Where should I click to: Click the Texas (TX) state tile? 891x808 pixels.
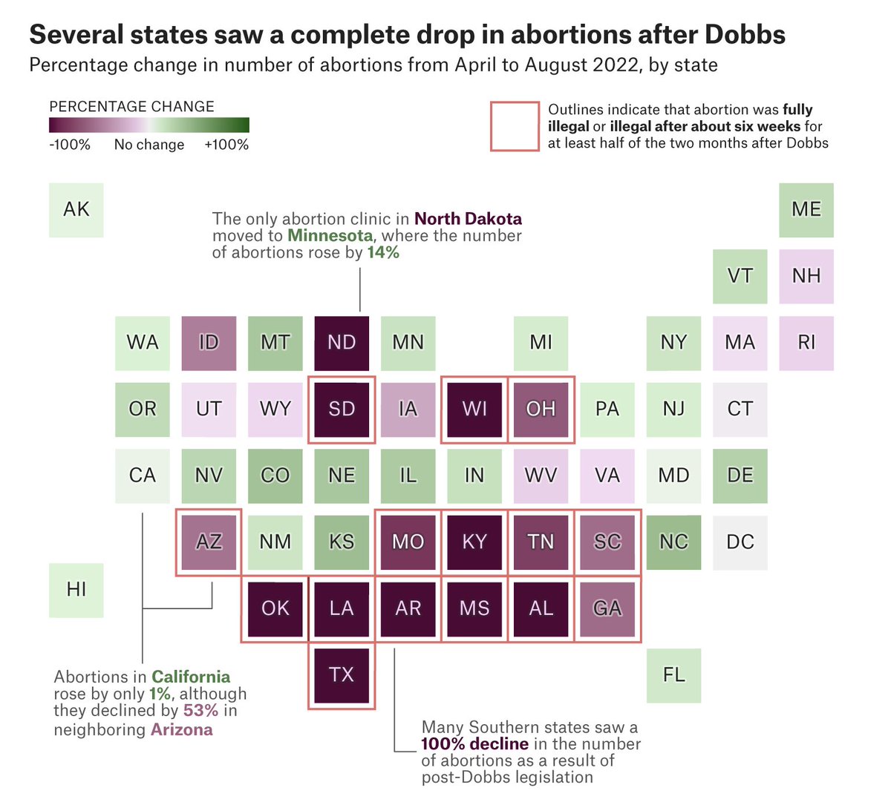pyautogui.click(x=342, y=674)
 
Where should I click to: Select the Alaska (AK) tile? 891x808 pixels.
pyautogui.click(x=76, y=210)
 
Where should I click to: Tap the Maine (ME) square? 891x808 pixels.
pyautogui.click(x=806, y=210)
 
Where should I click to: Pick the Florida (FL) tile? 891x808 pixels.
pyautogui.click(x=673, y=675)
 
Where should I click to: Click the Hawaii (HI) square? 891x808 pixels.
pyautogui.click(x=76, y=590)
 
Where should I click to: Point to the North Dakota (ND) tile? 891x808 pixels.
pyautogui.click(x=342, y=343)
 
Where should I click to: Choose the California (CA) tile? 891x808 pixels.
pyautogui.click(x=143, y=476)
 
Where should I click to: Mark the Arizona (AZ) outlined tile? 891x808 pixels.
pyautogui.click(x=209, y=542)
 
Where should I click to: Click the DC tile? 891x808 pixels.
pyautogui.click(x=740, y=542)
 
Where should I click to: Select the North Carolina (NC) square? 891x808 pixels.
pyautogui.click(x=673, y=542)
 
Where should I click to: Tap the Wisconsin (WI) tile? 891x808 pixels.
pyautogui.click(x=474, y=410)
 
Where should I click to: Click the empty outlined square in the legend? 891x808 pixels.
pyautogui.click(x=515, y=127)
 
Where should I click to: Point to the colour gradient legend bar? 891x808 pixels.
pyautogui.click(x=149, y=125)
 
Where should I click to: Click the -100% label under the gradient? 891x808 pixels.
pyautogui.click(x=70, y=145)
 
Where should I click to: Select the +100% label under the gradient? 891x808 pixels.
pyautogui.click(x=226, y=145)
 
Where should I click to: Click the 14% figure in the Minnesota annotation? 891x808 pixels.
pyautogui.click(x=383, y=253)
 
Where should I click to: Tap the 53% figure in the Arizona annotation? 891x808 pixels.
pyautogui.click(x=200, y=711)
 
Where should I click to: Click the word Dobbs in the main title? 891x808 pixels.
pyautogui.click(x=745, y=34)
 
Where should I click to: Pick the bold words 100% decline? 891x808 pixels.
pyautogui.click(x=474, y=744)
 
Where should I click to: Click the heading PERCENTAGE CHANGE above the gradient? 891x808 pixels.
pyautogui.click(x=131, y=106)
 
